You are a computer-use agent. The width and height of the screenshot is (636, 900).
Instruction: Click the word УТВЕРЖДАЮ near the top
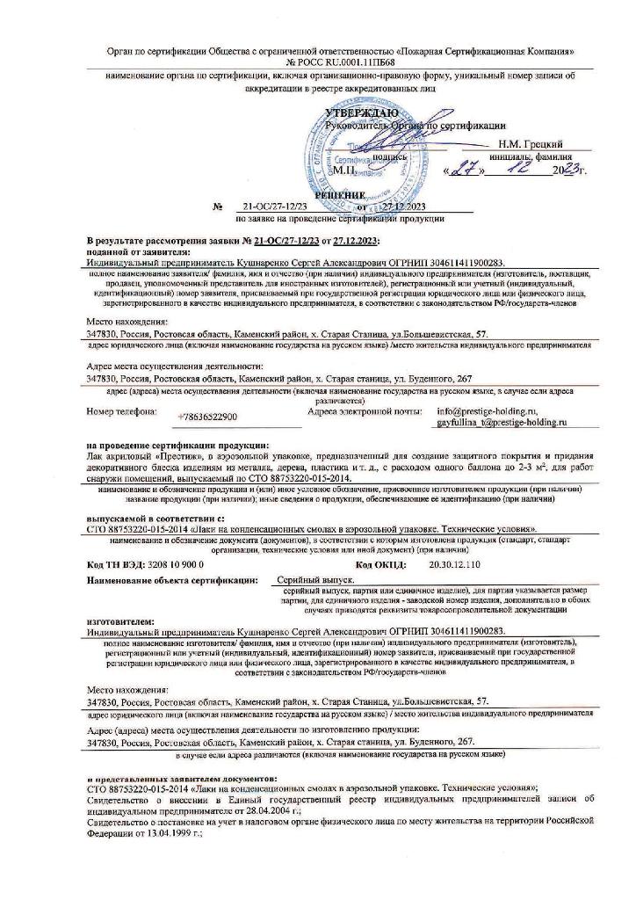click(360, 113)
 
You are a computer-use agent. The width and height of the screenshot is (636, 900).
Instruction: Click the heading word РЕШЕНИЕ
click(338, 195)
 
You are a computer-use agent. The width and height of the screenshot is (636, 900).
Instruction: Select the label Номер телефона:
click(121, 411)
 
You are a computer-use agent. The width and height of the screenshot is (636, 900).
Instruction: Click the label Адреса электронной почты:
click(361, 410)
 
